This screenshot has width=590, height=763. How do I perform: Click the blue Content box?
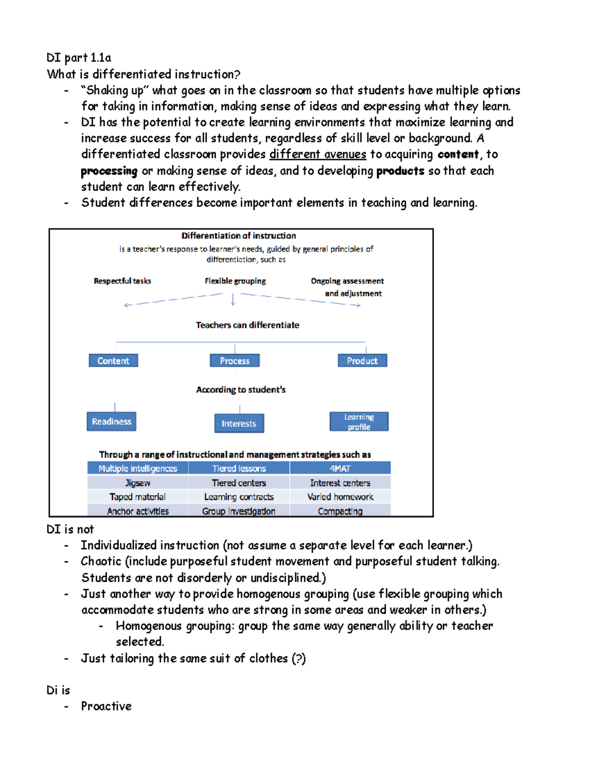(113, 361)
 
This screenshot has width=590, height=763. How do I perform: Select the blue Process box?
(235, 361)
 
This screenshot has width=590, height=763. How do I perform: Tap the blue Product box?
(362, 361)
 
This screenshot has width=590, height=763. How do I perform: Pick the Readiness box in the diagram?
(112, 422)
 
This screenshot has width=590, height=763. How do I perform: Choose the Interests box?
(239, 424)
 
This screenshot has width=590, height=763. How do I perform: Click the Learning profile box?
(359, 422)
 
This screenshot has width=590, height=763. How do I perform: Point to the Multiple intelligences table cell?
(138, 468)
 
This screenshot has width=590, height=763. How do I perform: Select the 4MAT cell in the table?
(340, 468)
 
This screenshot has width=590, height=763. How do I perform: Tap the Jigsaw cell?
(138, 483)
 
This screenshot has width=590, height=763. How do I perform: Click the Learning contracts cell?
(239, 497)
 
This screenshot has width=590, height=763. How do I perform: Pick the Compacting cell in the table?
(340, 511)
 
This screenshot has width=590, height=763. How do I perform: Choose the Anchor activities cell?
(138, 511)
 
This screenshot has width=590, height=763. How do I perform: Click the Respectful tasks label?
(122, 281)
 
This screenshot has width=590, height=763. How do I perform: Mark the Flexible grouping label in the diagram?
(236, 281)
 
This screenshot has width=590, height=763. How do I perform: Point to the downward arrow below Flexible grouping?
(233, 300)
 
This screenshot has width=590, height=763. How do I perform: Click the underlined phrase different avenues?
(318, 154)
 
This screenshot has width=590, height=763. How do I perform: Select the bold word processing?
(109, 171)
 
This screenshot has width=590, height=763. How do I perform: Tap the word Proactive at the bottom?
(106, 706)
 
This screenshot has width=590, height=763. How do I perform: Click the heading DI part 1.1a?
(79, 58)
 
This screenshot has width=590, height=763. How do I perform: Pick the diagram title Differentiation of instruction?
(239, 236)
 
